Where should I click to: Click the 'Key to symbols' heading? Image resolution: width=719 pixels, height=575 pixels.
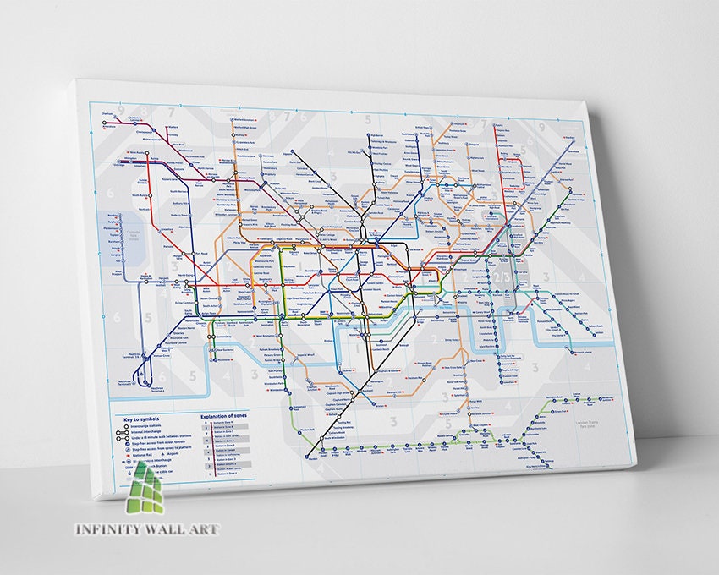pos(141,419)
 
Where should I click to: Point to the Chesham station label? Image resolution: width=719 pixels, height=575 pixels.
pos(107,113)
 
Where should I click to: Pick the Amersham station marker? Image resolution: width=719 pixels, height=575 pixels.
pos(105,124)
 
